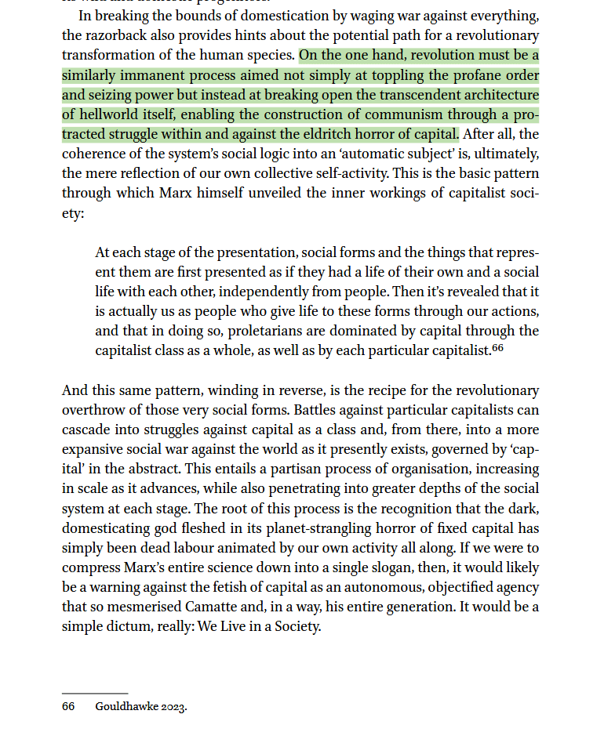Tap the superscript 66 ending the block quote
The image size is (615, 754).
pos(497,349)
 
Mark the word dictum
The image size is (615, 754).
pos(129,626)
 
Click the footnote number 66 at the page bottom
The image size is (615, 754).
pos(68,707)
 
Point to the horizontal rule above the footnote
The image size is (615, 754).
pos(95,694)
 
